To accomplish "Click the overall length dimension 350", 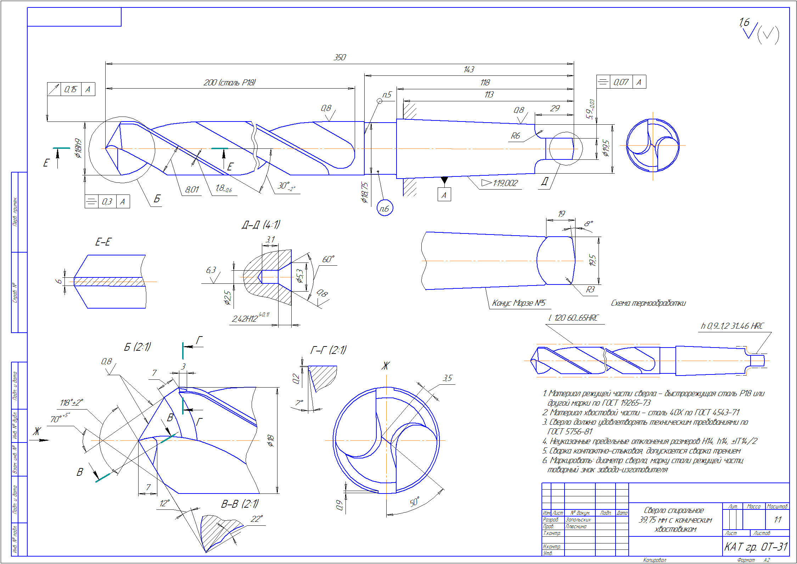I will tap(339, 57).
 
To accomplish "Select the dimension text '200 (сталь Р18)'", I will tap(229, 83).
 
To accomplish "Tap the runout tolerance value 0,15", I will tap(71, 89).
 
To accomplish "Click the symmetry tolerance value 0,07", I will tap(621, 82).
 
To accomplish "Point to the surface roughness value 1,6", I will tap(744, 22).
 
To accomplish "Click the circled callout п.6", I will tap(385, 209).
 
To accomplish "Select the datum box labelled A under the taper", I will tap(444, 195).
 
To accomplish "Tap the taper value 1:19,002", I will tap(505, 183).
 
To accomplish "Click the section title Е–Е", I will tap(103, 242).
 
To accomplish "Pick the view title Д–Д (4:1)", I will tap(261, 225).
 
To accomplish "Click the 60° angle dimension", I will tap(328, 260).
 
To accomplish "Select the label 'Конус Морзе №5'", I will tap(519, 303).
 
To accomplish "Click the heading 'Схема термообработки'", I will tap(648, 303).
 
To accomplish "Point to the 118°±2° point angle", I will tap(72, 403).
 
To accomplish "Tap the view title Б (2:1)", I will tap(137, 347).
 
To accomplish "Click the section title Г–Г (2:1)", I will tap(328, 350).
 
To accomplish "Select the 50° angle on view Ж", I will tap(415, 502).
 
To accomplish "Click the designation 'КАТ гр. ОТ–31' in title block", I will tap(756, 547).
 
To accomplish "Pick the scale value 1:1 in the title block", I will tap(778, 520).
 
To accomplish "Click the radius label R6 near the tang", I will tap(515, 136).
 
